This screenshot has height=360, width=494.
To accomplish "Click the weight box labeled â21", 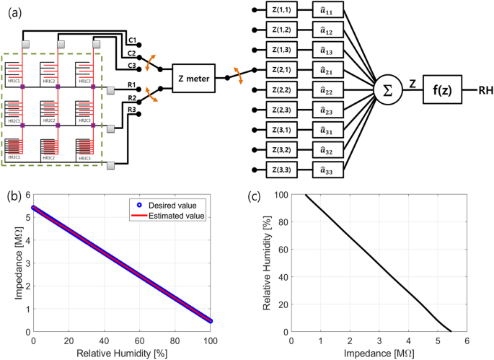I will [328, 71].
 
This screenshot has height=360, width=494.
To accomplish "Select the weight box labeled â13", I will [328, 51].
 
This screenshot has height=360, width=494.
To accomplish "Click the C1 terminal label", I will [131, 39].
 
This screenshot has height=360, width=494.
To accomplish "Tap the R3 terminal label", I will [131, 109].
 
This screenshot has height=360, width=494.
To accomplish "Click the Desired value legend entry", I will [177, 205].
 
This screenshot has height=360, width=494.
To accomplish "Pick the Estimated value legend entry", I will [177, 215].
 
